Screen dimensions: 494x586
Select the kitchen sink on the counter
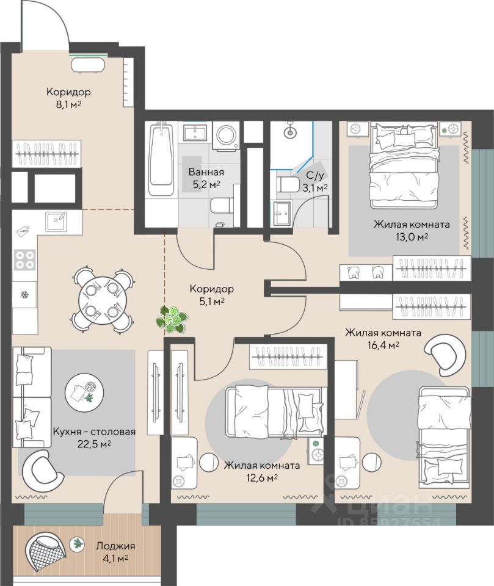[56, 222]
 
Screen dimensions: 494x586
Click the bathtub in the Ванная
[161, 161]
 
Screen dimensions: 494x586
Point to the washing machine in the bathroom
[226, 136]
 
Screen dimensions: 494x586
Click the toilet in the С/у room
[288, 184]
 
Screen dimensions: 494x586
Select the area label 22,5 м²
[93, 444]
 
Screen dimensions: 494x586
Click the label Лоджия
[115, 546]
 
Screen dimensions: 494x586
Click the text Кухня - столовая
[94, 432]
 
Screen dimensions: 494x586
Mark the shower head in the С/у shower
[290, 131]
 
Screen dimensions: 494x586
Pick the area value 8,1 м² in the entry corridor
[68, 104]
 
